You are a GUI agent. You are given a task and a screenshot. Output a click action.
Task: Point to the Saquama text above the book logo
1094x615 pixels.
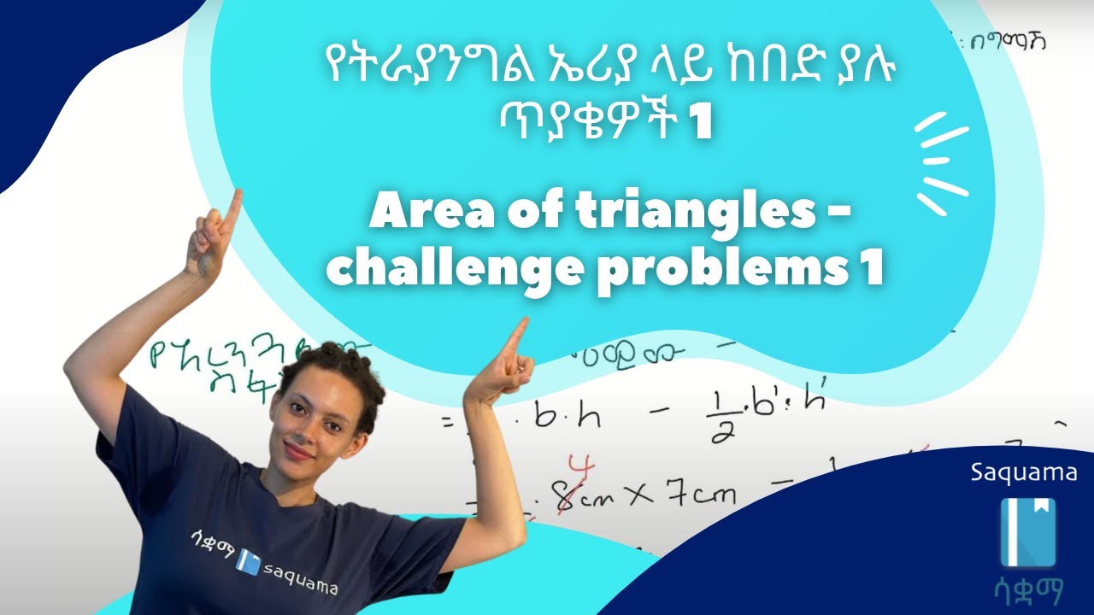click(1024, 473)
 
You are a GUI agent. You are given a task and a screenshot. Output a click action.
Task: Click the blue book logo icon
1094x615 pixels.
click(1028, 533)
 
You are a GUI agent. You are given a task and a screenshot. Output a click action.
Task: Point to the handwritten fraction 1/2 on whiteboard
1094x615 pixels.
click(717, 418)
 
